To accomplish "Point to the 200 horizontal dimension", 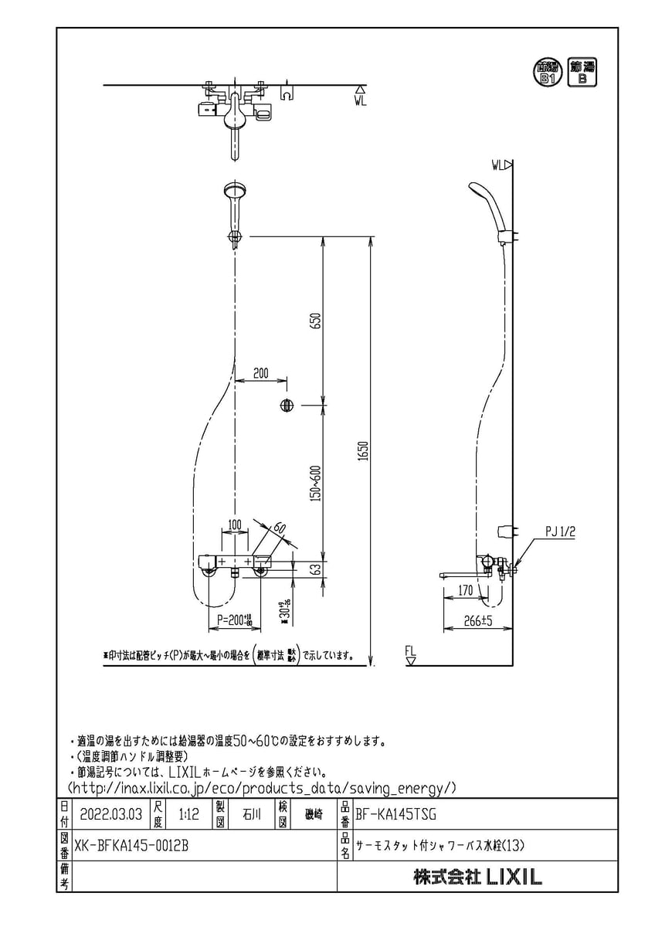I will tap(260, 373).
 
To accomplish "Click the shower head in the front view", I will tap(234, 191).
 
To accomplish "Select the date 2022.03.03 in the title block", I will tap(111, 813).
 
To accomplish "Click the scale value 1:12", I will tap(188, 813).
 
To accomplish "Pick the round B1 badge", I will tap(548, 73).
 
